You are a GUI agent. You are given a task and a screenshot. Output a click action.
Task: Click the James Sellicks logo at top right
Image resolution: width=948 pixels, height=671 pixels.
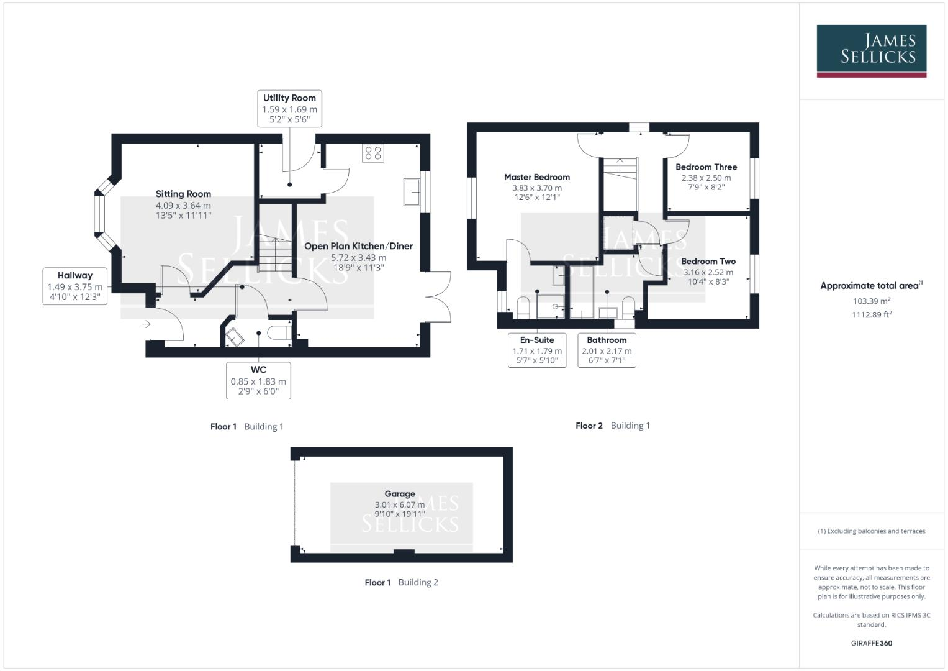[871, 50]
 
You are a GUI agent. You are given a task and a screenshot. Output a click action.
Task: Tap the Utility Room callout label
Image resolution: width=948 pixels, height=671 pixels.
[289, 108]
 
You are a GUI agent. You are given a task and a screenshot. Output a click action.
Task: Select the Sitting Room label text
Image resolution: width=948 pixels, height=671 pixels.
[183, 194]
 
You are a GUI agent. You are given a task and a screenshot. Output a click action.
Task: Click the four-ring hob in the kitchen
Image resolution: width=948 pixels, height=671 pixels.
[373, 153]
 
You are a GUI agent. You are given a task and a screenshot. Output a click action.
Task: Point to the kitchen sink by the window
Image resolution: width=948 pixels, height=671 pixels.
[411, 191]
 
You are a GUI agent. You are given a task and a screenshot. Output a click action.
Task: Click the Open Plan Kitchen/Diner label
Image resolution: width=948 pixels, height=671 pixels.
[358, 246]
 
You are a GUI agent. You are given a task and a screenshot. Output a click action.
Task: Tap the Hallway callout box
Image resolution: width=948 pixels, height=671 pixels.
[74, 286]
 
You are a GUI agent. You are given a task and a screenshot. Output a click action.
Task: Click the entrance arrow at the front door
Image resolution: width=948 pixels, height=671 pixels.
[146, 324]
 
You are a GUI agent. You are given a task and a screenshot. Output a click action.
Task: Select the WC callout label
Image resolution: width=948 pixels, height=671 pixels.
[258, 380]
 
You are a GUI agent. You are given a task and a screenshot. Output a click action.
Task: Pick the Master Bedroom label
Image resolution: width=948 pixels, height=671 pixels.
[536, 177]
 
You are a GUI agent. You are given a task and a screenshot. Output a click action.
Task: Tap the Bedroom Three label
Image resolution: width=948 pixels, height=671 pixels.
[706, 167]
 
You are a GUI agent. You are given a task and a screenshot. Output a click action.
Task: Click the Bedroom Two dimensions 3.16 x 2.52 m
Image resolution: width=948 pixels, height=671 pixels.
[708, 272]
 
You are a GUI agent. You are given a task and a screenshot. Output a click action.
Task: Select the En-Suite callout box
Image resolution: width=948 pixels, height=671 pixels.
[536, 350]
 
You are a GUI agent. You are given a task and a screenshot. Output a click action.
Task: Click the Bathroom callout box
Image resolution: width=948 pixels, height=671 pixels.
[607, 350]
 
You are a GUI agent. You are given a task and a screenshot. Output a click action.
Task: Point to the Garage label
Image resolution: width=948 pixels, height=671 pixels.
[400, 494]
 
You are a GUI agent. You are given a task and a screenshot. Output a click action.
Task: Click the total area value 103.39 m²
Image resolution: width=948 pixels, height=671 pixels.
[871, 301]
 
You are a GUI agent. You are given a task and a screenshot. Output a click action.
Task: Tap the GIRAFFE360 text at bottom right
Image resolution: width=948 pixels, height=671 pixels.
[871, 643]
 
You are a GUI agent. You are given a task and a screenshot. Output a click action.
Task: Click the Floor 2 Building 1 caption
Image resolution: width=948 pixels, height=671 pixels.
[612, 426]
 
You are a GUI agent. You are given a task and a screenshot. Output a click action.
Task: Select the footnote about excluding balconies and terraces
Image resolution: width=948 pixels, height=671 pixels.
[871, 531]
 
